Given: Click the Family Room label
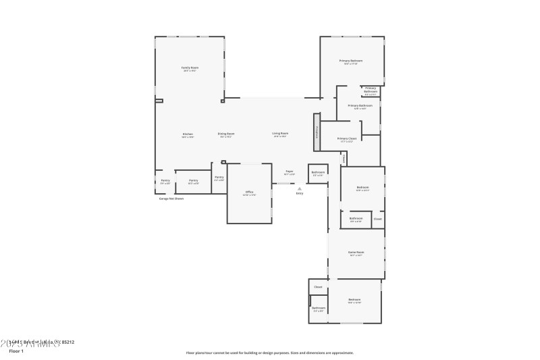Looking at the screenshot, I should [190, 68].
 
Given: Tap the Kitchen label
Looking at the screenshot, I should [188, 134].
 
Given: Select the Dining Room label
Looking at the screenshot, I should [226, 134].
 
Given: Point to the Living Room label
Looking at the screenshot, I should [280, 134].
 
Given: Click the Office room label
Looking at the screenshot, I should [249, 192].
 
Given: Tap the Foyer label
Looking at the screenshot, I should [289, 172].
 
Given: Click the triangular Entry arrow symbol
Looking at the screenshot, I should [299, 188].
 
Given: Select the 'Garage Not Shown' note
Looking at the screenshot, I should [171, 199].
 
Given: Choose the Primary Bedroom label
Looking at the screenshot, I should [351, 61].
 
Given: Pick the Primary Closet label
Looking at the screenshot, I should [347, 139].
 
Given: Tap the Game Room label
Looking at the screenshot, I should [356, 253].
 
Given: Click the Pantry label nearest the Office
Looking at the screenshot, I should [219, 178].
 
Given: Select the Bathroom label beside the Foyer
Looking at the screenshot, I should [318, 172].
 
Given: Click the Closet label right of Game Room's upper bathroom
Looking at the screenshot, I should [377, 218].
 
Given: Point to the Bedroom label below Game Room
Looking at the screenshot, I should [354, 300].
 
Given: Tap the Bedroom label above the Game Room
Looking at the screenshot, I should [362, 187].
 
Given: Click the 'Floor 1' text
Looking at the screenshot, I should [16, 351].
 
